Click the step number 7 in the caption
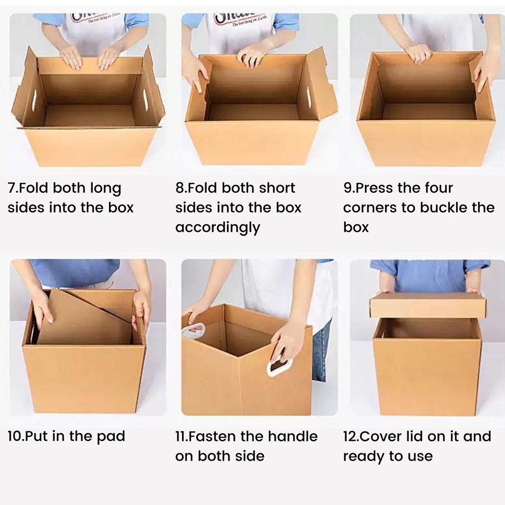tap(12, 188)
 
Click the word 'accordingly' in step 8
tap(217, 228)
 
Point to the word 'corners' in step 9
tap(370, 208)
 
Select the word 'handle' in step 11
tap(293, 436)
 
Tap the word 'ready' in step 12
tap(363, 457)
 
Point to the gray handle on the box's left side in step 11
tap(193, 330)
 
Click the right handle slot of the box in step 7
tap(146, 99)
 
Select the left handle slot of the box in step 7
tap(34, 100)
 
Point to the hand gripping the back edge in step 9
tap(418, 53)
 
